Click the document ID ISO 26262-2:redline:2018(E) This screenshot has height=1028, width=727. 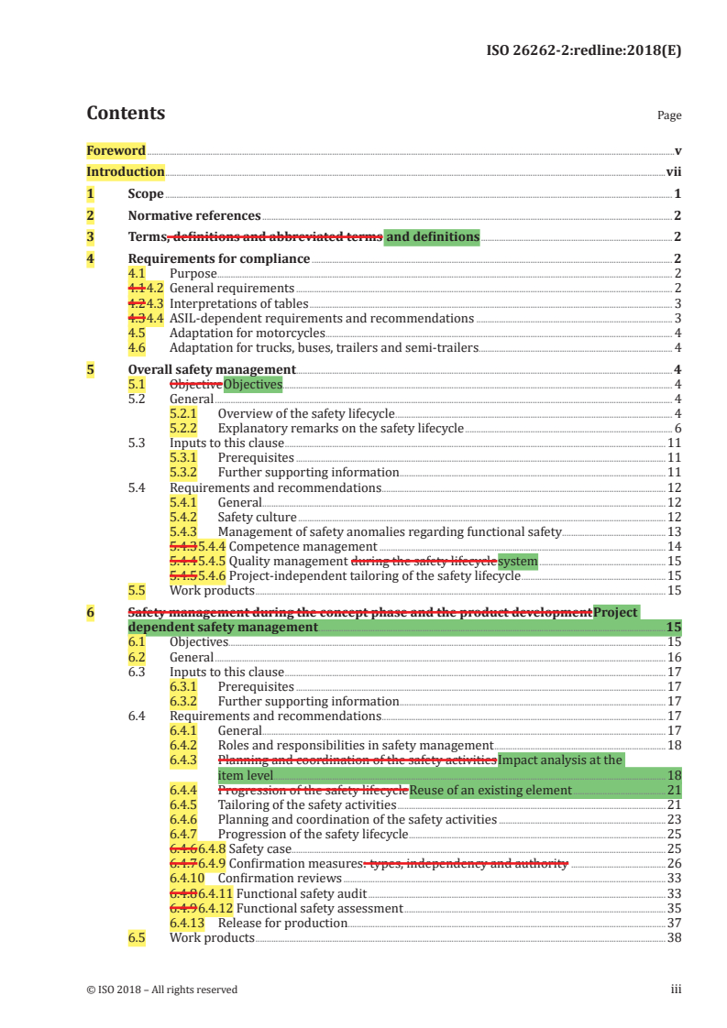583,50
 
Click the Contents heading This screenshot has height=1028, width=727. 126,114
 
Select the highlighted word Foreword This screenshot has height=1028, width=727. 116,150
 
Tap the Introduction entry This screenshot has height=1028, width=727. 126,171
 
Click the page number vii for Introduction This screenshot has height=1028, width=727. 673,171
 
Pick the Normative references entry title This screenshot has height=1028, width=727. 193,216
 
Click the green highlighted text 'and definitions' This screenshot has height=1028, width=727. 432,237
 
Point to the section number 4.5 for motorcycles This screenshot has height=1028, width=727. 137,333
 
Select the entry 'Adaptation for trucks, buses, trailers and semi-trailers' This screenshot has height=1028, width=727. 324,347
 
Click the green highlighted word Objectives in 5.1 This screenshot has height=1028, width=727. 253,384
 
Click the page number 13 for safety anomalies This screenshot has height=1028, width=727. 674,531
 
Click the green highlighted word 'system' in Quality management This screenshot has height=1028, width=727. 517,561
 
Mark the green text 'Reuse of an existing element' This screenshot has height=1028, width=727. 490,790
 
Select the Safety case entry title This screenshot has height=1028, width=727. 259,848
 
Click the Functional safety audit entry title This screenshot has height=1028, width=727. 301,893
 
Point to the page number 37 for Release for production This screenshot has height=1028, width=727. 674,923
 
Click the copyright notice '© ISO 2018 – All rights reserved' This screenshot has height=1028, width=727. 161,990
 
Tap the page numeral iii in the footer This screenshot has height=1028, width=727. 676,990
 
